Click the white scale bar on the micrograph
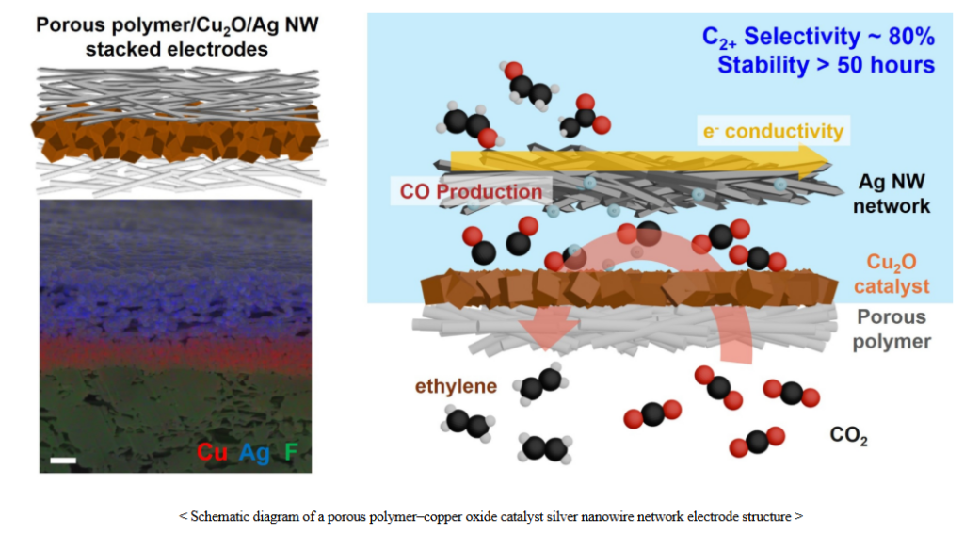click(62, 460)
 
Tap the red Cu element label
click(212, 453)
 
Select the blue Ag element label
click(254, 453)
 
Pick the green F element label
click(291, 453)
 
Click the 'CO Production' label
click(471, 191)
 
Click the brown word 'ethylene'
click(456, 386)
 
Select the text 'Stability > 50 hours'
click(826, 65)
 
